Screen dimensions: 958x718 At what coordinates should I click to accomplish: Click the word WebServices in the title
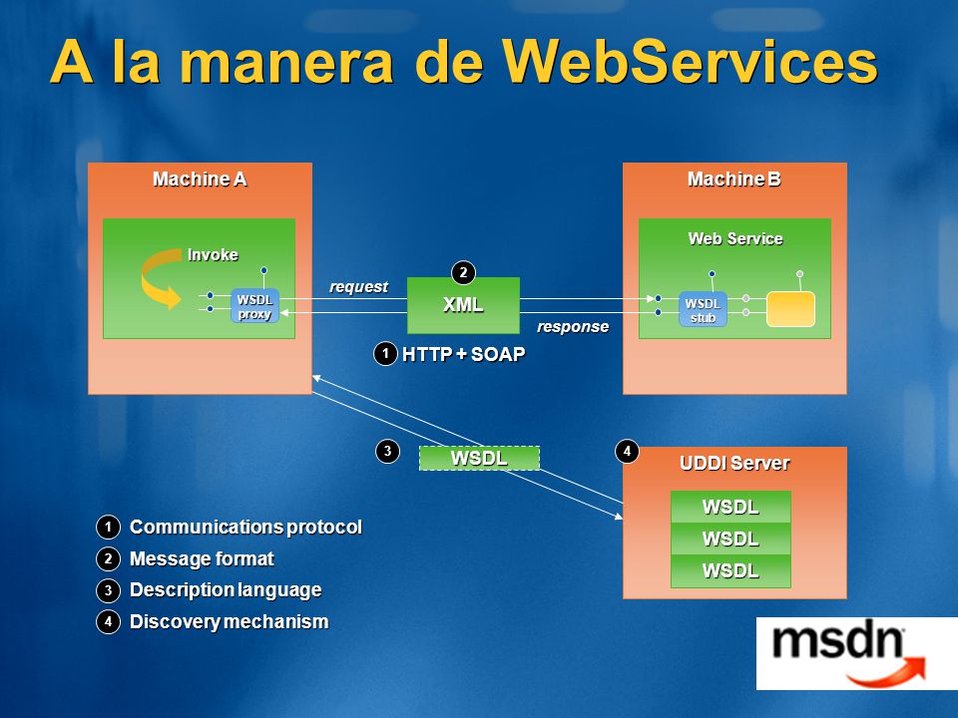pos(690,61)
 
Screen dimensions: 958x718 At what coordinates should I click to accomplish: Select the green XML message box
pos(463,305)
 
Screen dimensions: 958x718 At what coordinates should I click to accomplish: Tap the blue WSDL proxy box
pos(254,306)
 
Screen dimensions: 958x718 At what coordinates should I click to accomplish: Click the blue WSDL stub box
pos(703,309)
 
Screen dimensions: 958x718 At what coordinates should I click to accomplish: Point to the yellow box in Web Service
pos(790,309)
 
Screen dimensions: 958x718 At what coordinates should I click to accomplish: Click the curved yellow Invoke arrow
pos(160,279)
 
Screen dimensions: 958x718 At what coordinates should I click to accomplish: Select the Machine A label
pos(200,179)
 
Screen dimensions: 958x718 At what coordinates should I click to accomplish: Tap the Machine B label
pos(734,179)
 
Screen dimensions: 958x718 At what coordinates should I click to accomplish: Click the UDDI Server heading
pos(734,464)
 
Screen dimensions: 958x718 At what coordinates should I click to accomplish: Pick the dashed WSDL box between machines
pos(479,458)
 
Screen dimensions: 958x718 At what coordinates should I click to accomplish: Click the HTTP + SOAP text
pos(464,354)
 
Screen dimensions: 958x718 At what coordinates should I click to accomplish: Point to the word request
pos(358,287)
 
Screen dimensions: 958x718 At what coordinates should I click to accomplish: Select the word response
pos(573,327)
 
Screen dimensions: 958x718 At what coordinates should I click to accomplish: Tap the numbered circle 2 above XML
pos(463,272)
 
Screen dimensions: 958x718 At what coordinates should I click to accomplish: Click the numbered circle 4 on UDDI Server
pos(627,452)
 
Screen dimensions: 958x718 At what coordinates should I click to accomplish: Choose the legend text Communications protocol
pos(245,527)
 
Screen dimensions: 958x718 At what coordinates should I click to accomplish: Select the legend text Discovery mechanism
pos(230,621)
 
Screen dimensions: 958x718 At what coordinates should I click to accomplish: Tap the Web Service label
pos(735,238)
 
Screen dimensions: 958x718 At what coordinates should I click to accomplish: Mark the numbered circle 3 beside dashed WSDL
pos(387,452)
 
